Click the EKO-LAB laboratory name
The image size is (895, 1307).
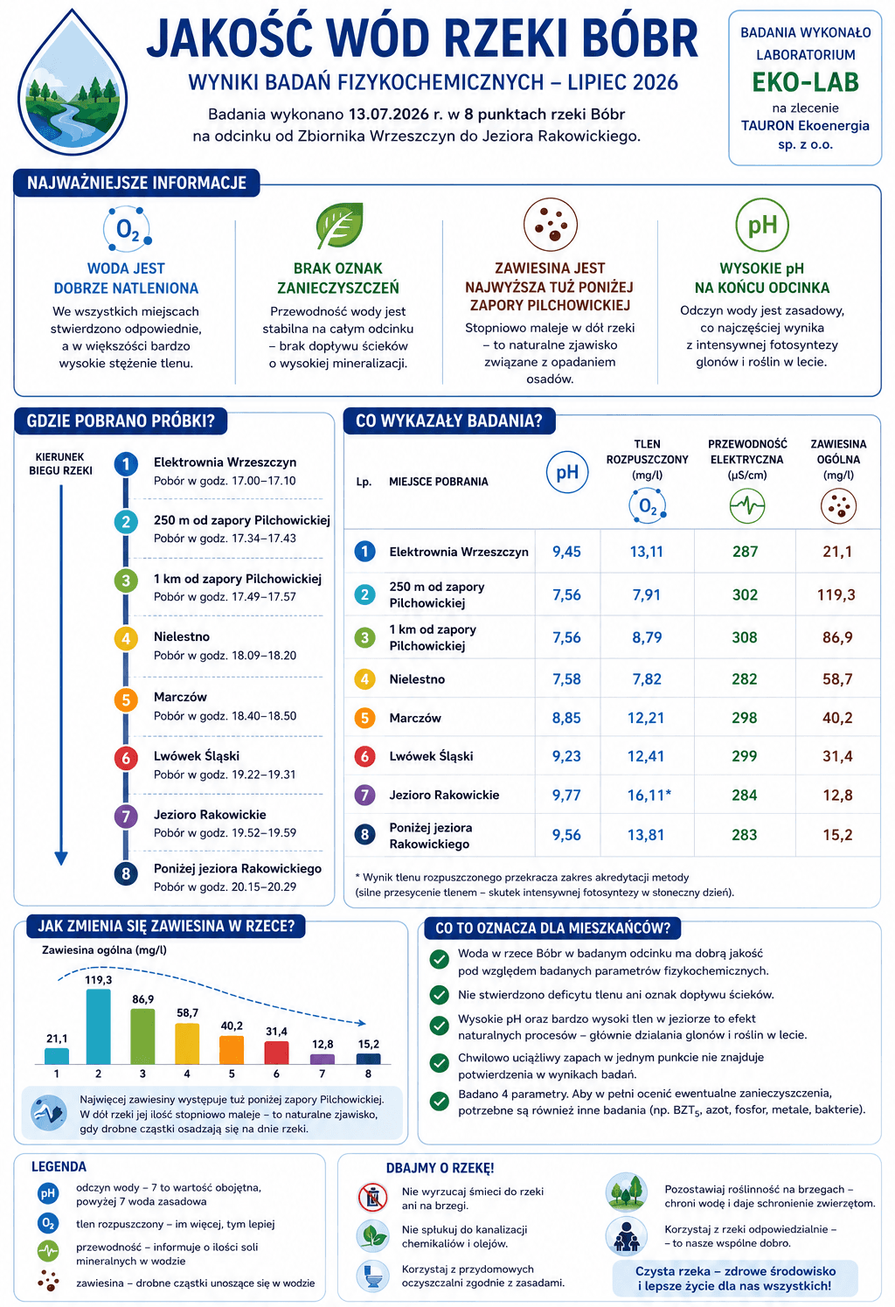coord(805,82)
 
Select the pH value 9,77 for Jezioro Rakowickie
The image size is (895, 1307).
coord(566,795)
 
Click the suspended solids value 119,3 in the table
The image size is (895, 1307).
coord(836,594)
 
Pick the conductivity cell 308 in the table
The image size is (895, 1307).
coord(745,637)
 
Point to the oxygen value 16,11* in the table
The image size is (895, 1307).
coord(649,795)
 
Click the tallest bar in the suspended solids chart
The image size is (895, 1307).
coord(98,1026)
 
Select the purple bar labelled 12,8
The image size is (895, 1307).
coord(322,1059)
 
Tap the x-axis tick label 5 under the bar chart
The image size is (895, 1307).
coord(232,1074)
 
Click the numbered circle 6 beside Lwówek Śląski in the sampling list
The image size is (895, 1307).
coord(126,758)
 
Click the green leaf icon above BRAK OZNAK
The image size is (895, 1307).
coord(340,225)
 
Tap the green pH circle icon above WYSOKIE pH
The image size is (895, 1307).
coord(762,225)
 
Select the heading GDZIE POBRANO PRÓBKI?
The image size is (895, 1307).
coord(121,421)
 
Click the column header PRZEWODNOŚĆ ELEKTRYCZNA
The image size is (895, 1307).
coord(747,452)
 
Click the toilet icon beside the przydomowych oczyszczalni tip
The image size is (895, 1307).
coord(372,1276)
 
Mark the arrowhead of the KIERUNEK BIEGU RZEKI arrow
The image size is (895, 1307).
coord(61,858)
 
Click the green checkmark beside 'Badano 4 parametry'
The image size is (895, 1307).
coord(439,1101)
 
